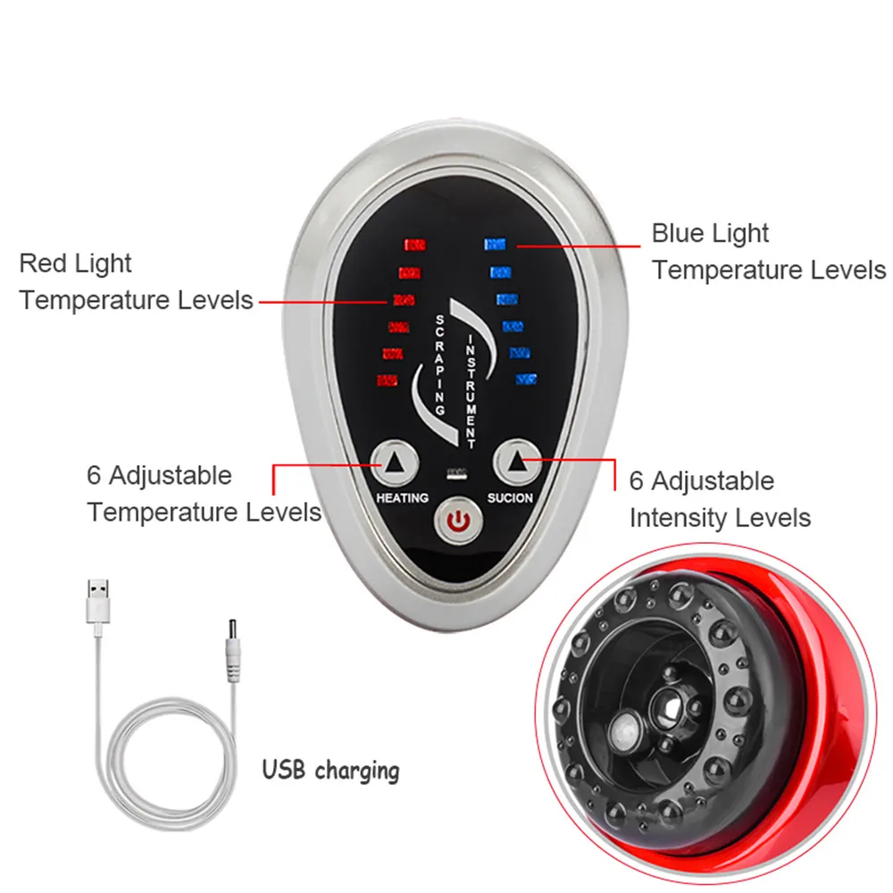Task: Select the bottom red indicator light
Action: (388, 380)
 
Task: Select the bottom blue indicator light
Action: (525, 380)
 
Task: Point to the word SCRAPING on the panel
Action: (439, 363)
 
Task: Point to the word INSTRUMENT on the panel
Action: (472, 390)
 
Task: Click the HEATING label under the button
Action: (402, 497)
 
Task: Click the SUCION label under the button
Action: (511, 497)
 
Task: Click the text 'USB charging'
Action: (330, 770)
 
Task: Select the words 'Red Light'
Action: (75, 264)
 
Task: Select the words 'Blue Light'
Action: (710, 234)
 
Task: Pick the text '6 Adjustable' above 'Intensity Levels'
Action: (701, 481)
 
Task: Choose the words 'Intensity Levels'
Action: (720, 518)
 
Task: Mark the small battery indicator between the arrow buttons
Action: (457, 472)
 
